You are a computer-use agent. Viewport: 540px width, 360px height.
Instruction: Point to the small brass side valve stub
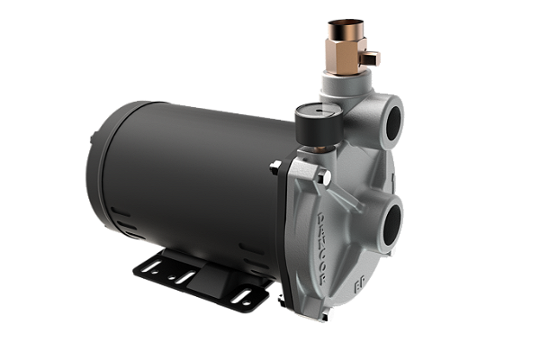pos(371,58)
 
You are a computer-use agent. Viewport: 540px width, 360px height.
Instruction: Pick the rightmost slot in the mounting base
pos(242,296)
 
